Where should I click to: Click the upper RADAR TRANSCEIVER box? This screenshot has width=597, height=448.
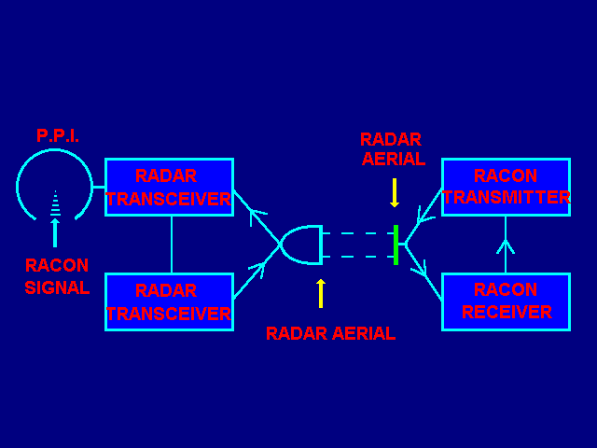pyautogui.click(x=169, y=188)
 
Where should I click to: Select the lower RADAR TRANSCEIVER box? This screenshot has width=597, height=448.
pyautogui.click(x=169, y=301)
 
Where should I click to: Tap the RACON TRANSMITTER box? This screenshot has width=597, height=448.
pyautogui.click(x=506, y=188)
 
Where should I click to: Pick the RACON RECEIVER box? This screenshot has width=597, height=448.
pyautogui.click(x=506, y=301)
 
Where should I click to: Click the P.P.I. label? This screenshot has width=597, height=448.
pyautogui.click(x=57, y=136)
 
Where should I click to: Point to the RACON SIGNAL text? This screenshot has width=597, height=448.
pyautogui.click(x=57, y=277)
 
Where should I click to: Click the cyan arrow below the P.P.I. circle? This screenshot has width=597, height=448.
pyautogui.click(x=55, y=232)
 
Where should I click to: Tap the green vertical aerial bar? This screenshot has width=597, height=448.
pyautogui.click(x=396, y=245)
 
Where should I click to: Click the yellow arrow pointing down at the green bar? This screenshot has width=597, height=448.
pyautogui.click(x=395, y=193)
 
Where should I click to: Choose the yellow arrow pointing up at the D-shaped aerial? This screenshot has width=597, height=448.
pyautogui.click(x=321, y=293)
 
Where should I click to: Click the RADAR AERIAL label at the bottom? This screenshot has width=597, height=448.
pyautogui.click(x=330, y=333)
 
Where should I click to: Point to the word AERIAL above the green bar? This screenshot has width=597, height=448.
pyautogui.click(x=393, y=160)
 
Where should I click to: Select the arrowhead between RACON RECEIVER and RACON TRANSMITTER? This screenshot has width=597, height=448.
pyautogui.click(x=506, y=246)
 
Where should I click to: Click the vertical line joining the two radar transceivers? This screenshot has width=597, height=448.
pyautogui.click(x=172, y=245)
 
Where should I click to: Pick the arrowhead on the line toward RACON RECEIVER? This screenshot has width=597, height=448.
pyautogui.click(x=420, y=270)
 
